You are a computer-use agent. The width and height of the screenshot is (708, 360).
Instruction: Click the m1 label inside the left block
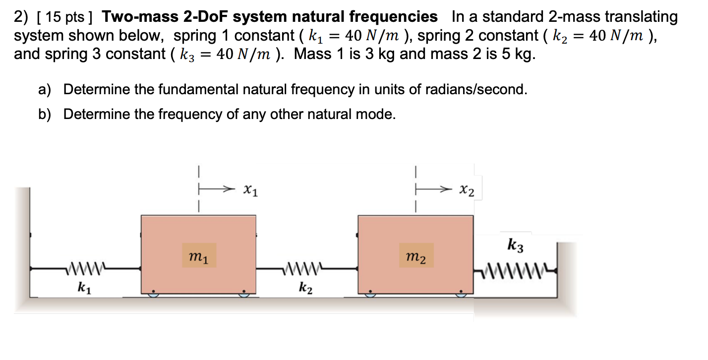(x=199, y=256)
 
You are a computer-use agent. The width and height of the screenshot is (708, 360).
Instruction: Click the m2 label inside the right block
(x=415, y=256)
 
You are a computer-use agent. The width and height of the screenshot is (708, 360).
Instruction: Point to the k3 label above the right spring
(x=516, y=244)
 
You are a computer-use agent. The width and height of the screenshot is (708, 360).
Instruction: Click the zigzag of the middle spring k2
(x=302, y=269)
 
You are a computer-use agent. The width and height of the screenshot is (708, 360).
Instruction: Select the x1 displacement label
(x=251, y=189)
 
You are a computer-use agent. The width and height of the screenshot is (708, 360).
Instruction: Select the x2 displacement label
(x=467, y=189)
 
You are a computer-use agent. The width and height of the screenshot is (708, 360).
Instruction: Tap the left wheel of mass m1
(x=153, y=294)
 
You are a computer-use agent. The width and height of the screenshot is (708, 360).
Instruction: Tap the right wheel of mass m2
(x=461, y=294)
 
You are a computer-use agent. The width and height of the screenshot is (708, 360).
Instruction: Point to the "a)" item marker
(x=45, y=90)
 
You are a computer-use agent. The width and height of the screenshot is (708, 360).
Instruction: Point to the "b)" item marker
(x=45, y=115)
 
